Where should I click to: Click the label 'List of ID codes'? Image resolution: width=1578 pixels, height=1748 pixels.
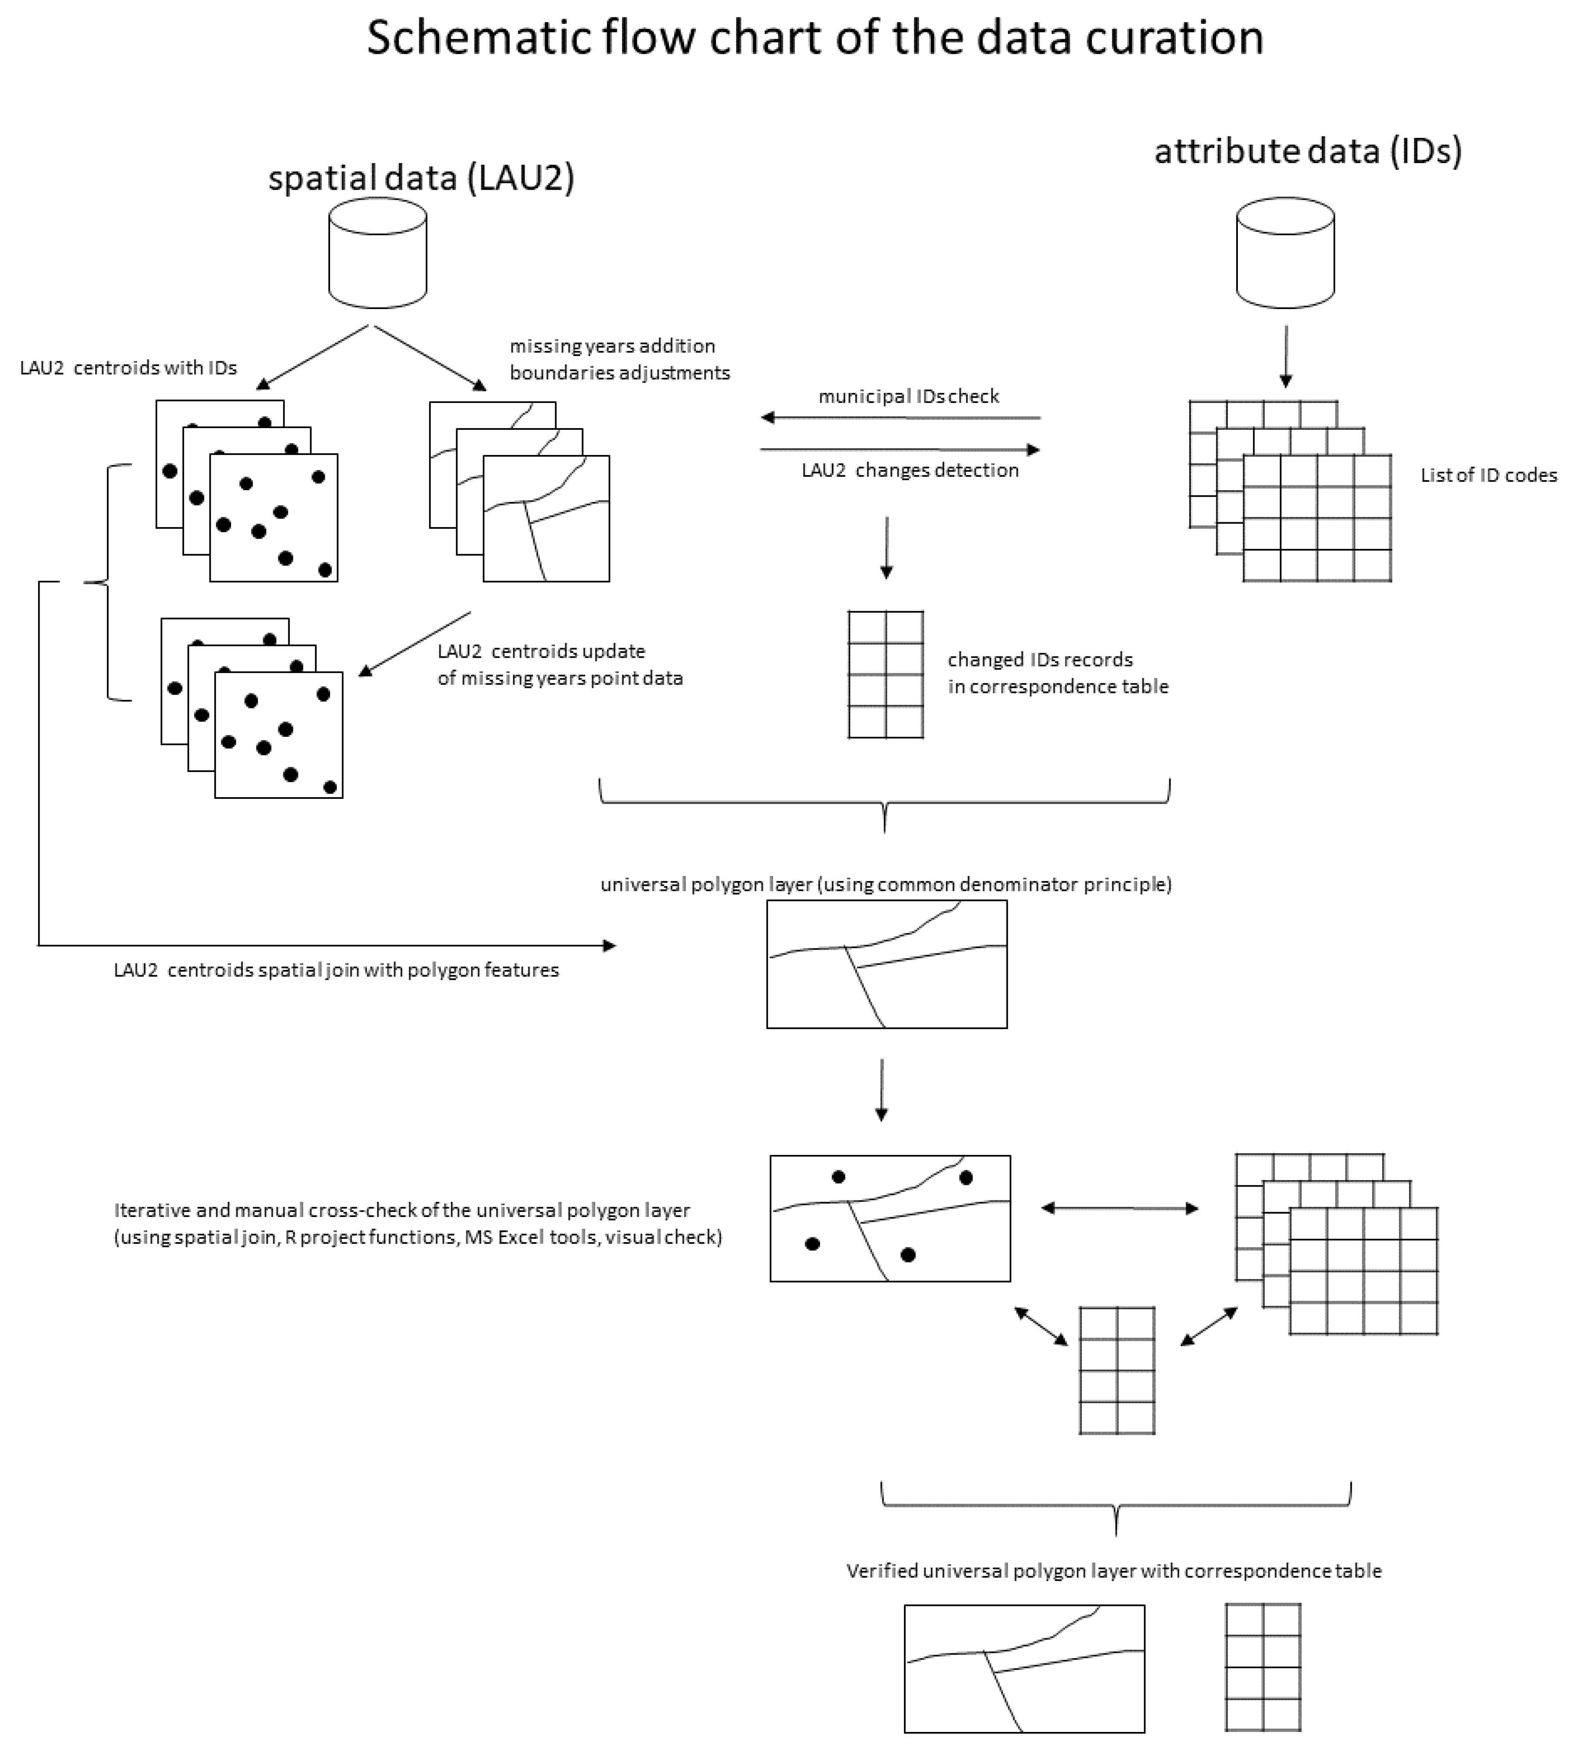(1488, 475)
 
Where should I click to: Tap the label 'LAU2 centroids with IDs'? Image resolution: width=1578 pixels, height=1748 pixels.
(128, 367)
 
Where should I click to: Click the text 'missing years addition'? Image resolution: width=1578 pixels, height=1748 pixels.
(612, 346)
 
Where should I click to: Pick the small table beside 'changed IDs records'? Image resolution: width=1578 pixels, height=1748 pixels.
(885, 674)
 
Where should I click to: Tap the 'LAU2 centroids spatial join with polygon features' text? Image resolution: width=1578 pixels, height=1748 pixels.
(337, 970)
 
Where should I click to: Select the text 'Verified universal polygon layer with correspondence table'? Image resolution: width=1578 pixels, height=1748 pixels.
(1113, 1570)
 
